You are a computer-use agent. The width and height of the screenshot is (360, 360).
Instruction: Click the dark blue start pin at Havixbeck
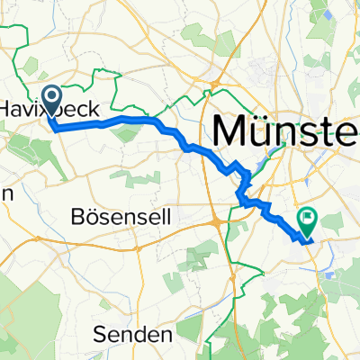click(51, 100)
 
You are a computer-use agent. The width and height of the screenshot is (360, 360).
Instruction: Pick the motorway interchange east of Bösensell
click(222, 220)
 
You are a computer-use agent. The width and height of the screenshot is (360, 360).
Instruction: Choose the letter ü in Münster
click(261, 131)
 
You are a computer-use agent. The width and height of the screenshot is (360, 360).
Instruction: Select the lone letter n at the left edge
click(4, 194)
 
